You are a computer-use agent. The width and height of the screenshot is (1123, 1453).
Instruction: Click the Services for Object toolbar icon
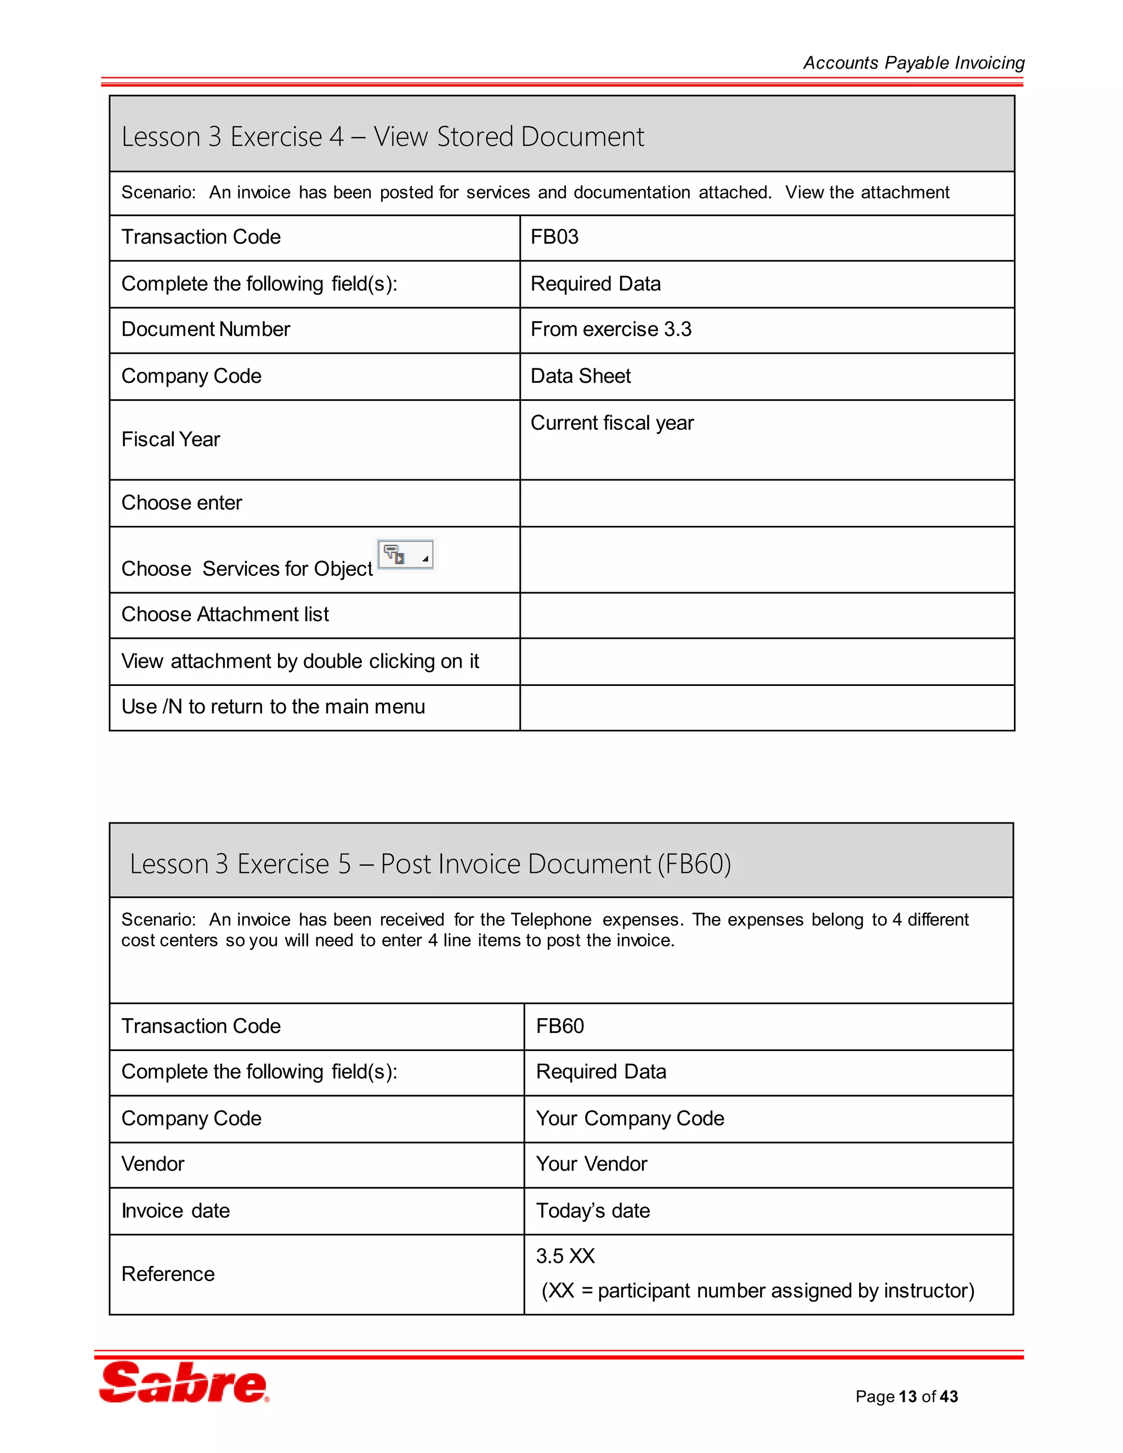point(405,555)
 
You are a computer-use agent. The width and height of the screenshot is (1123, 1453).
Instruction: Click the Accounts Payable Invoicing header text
point(913,63)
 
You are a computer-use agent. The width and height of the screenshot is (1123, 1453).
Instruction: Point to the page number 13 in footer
point(908,1397)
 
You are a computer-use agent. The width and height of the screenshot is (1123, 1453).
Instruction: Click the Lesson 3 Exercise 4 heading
point(383,137)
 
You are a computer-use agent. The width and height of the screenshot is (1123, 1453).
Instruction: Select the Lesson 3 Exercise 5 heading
point(430,864)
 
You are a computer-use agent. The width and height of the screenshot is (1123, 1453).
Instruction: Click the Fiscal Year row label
point(171,439)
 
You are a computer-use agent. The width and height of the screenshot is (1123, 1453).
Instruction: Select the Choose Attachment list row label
point(225,614)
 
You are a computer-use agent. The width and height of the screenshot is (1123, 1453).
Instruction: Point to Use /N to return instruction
point(273,707)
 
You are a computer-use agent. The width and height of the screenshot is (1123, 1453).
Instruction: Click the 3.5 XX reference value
point(565,1256)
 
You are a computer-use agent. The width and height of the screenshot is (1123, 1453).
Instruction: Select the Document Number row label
point(206,330)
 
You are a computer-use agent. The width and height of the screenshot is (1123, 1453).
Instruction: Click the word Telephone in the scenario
point(551,920)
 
